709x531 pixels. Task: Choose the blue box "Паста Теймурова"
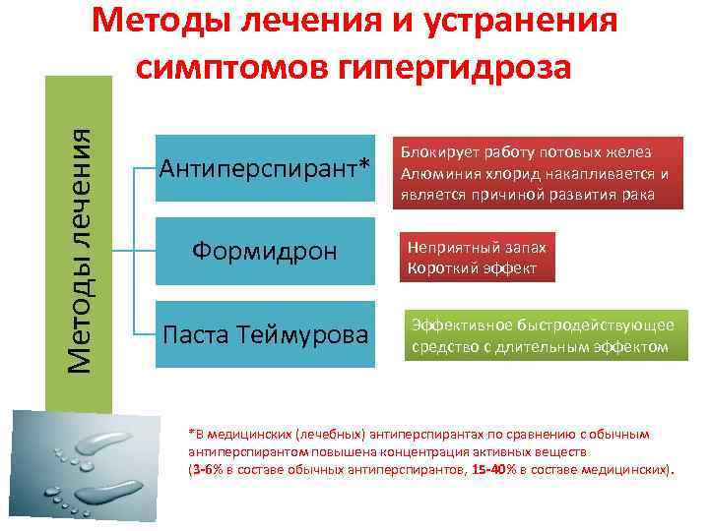tap(267, 335)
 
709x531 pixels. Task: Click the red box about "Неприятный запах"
tap(477, 258)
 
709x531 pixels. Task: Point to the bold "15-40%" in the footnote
tap(491, 471)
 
